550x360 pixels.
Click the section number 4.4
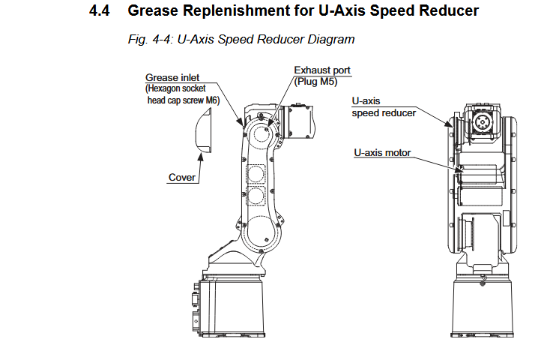(100, 10)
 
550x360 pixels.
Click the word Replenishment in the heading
(220, 10)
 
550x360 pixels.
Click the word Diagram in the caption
(330, 39)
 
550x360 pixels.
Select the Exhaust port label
(322, 70)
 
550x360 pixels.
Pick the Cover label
(181, 177)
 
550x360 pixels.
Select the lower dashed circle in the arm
(256, 197)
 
